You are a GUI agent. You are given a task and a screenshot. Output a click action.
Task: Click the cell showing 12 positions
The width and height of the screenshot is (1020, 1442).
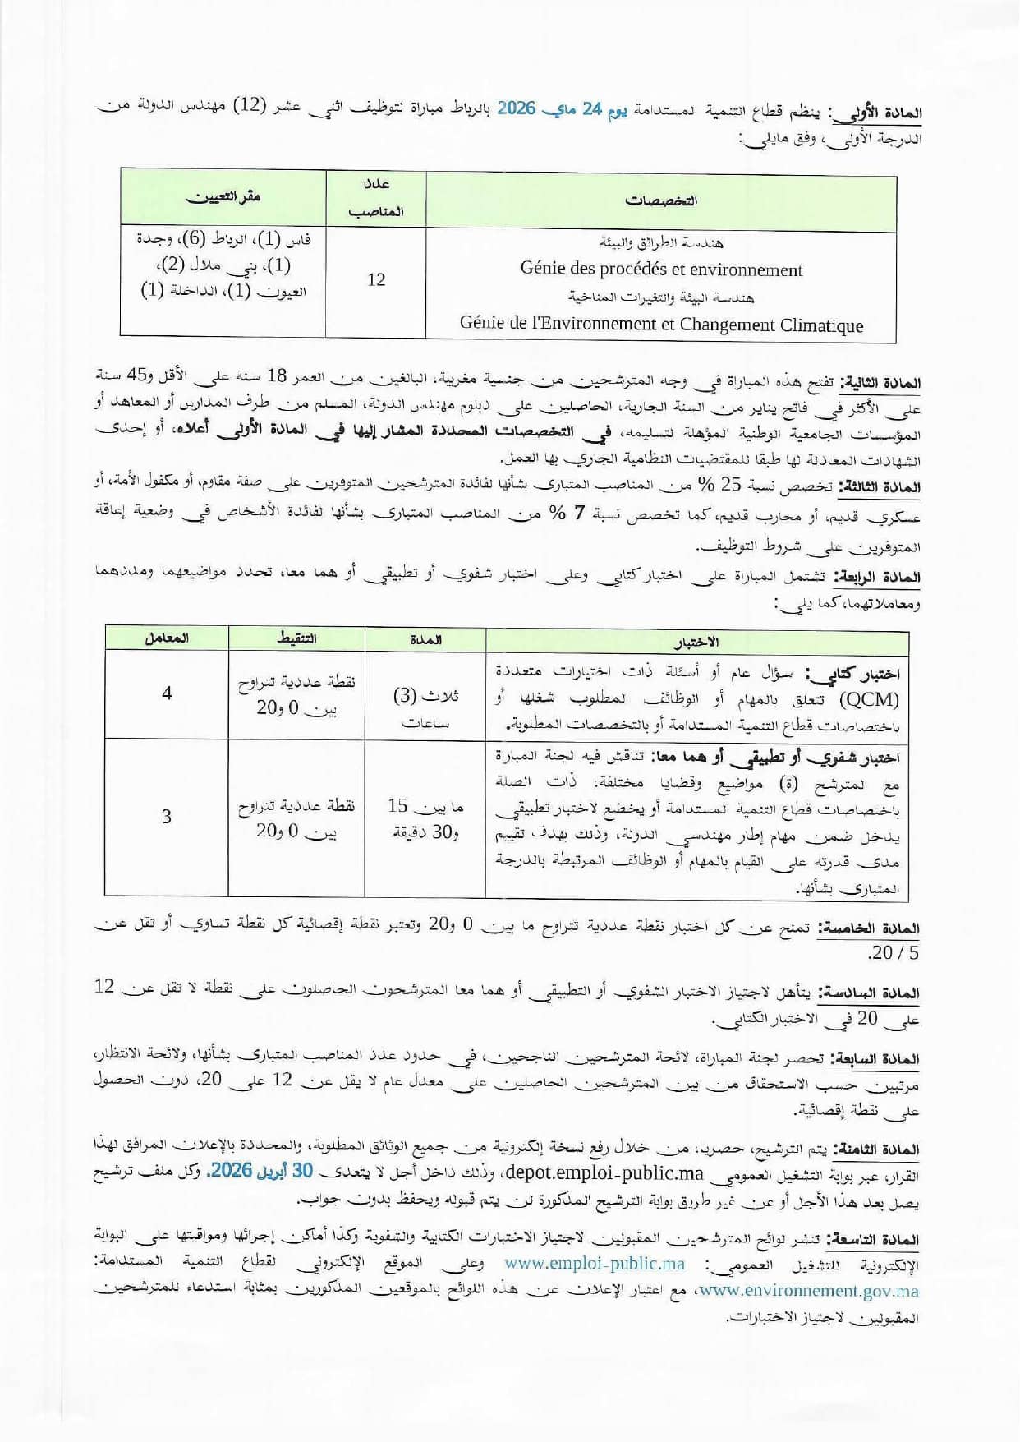pyautogui.click(x=376, y=280)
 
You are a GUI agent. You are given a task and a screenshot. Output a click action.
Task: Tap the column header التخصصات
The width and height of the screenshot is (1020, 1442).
pyautogui.click(x=661, y=200)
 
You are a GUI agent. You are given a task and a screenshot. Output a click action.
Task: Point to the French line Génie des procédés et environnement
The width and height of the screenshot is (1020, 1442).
pyautogui.click(x=661, y=270)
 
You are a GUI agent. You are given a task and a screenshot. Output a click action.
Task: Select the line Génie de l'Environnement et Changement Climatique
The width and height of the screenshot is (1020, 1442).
pyautogui.click(x=661, y=325)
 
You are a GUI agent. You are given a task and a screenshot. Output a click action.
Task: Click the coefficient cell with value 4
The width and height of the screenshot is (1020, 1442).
pyautogui.click(x=167, y=693)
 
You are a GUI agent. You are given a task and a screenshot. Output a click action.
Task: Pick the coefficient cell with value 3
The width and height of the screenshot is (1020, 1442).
pyautogui.click(x=167, y=817)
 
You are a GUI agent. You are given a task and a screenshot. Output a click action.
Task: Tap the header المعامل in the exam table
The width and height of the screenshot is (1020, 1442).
pyautogui.click(x=167, y=638)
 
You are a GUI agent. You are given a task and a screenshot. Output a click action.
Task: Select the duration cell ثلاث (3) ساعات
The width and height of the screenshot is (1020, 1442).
pyautogui.click(x=425, y=707)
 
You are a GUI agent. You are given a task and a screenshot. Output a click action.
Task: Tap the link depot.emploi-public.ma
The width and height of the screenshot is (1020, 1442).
pyautogui.click(x=577, y=1172)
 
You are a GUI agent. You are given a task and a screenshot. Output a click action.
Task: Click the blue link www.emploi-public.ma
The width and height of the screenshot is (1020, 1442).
pyautogui.click(x=595, y=1264)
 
